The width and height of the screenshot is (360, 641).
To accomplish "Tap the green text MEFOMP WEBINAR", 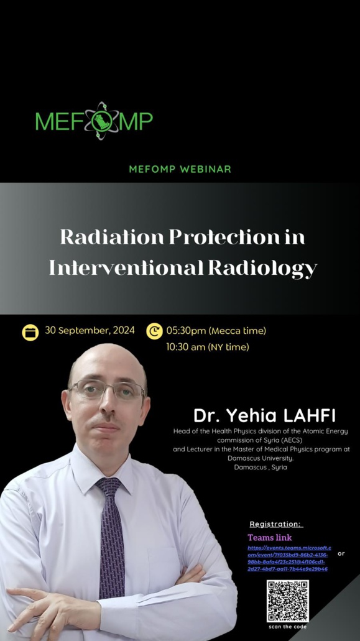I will click(180, 169).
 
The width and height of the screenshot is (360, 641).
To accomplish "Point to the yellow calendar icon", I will click(30, 332).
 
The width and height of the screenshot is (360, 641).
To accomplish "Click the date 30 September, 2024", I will click(90, 331).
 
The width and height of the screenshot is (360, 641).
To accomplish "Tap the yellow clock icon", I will click(154, 331).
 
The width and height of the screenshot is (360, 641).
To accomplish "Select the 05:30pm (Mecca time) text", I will click(216, 331).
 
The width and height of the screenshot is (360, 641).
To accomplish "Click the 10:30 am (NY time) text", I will click(207, 347).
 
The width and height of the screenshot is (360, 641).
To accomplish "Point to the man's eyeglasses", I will click(106, 390).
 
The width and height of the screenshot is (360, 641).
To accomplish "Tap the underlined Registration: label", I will click(275, 524).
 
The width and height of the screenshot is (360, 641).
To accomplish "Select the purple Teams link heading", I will click(269, 537).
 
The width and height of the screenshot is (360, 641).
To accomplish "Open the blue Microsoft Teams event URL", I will click(288, 558).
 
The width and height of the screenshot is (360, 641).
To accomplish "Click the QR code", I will click(288, 601).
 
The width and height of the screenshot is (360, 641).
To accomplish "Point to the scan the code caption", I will click(288, 627).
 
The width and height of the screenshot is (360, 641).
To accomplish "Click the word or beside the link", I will click(341, 553).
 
